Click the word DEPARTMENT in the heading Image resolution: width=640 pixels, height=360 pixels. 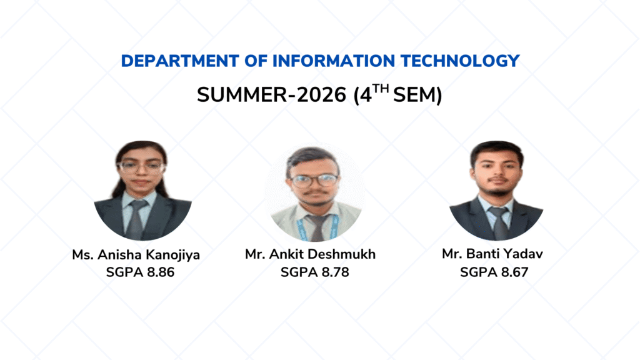pos(180,61)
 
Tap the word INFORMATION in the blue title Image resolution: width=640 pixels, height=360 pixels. pos(334,61)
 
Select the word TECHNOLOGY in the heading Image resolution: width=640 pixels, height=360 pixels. pos(460,61)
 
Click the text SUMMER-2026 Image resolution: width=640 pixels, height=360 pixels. pos(271,95)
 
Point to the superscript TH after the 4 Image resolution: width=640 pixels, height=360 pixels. pos(381,89)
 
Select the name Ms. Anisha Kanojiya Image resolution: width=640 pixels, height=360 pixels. pos(136,255)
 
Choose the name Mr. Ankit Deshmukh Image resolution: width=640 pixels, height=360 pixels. pos(310,254)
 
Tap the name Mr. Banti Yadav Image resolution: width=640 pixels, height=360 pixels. pos(492,254)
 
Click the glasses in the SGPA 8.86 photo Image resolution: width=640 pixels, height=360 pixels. pos(141,166)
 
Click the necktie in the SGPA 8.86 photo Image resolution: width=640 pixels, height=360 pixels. pos(137,219)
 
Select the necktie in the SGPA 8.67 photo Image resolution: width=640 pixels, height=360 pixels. pos(499,222)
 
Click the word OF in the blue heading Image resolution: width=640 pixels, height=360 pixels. pos(256,61)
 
